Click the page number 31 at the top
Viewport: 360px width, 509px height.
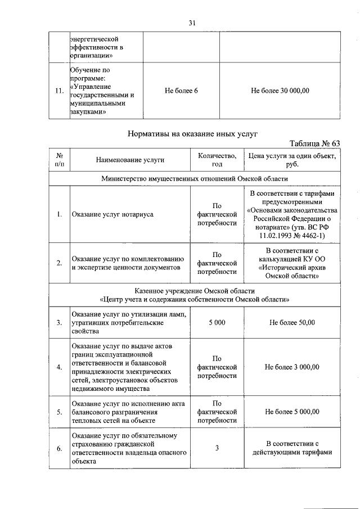point(192,23)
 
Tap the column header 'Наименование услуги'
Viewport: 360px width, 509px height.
point(129,160)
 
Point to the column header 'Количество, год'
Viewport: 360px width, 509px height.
point(217,160)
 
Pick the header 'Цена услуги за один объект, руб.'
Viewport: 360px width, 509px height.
point(292,160)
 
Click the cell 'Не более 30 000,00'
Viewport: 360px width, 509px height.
point(280,91)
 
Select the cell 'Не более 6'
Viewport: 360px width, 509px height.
point(181,91)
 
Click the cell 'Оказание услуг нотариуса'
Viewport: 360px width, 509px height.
point(112,214)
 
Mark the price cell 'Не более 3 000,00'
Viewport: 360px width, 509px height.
point(292,367)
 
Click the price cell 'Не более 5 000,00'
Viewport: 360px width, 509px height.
point(292,412)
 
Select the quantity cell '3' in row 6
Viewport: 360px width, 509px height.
point(217,448)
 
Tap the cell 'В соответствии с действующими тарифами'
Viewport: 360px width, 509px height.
point(292,448)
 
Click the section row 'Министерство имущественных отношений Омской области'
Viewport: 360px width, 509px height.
point(195,178)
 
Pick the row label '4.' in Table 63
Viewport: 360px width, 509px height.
point(59,367)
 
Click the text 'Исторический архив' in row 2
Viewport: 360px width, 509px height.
point(292,268)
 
